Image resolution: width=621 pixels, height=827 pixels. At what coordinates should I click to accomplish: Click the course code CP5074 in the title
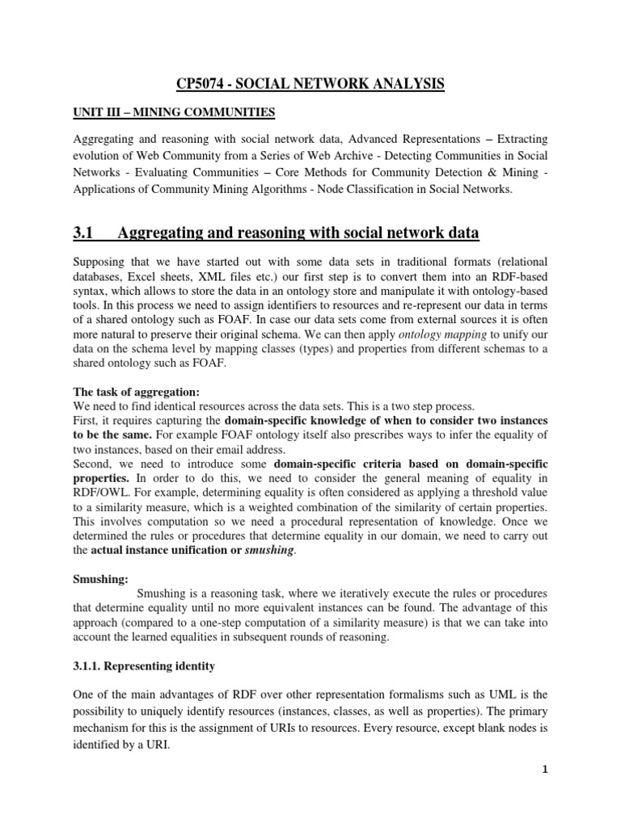click(204, 83)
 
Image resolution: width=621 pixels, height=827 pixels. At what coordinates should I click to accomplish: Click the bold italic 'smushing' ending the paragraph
click(269, 550)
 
